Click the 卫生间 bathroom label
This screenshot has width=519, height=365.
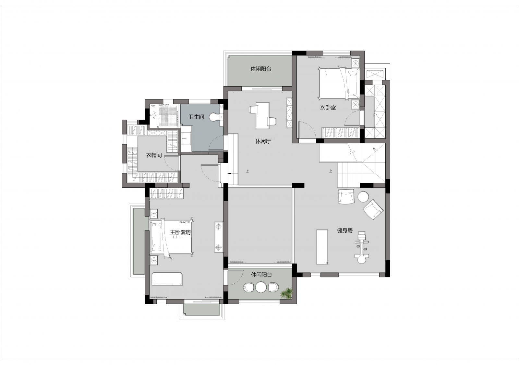point(196,117)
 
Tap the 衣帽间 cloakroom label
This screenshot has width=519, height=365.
point(154,155)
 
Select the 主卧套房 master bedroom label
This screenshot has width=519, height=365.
point(180,232)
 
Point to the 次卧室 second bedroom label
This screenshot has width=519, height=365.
point(328,108)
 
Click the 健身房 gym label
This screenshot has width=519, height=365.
point(345,231)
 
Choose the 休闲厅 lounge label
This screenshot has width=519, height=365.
point(263,141)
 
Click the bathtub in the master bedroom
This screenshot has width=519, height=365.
point(167,279)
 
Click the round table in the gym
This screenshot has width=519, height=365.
point(363,197)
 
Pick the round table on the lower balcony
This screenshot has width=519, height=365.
point(261,287)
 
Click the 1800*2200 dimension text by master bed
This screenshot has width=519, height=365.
point(184,223)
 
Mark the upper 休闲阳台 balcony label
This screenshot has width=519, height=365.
point(261,69)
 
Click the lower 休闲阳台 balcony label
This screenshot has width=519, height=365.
point(261,275)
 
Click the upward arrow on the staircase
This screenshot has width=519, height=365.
point(374,148)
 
